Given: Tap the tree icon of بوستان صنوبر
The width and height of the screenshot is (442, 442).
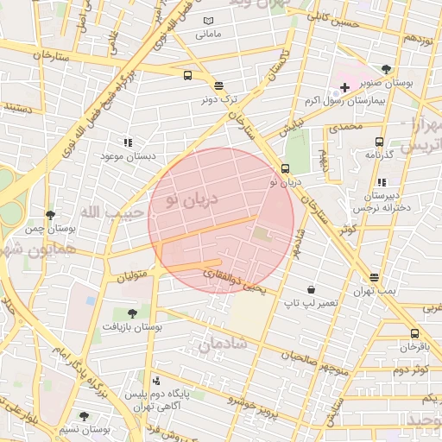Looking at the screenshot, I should (386, 69).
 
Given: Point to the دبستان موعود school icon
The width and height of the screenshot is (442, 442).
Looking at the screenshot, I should (128, 142).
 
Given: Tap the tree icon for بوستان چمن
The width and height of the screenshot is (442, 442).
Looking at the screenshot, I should (51, 214).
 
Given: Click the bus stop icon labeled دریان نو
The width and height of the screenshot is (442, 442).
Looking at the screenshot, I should (285, 169).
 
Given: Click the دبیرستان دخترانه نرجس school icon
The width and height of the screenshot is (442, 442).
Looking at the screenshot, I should (381, 182).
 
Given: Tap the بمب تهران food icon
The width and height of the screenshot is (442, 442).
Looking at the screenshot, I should (374, 278).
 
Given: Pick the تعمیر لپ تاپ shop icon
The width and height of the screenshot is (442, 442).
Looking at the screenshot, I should (310, 290).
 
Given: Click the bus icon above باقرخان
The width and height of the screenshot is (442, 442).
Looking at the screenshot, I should (414, 333).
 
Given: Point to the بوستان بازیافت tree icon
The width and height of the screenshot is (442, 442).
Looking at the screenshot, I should (131, 314).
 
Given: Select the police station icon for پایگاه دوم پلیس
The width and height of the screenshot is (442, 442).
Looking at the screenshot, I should (156, 380).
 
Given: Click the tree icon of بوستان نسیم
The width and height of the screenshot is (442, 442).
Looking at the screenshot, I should (83, 415).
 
